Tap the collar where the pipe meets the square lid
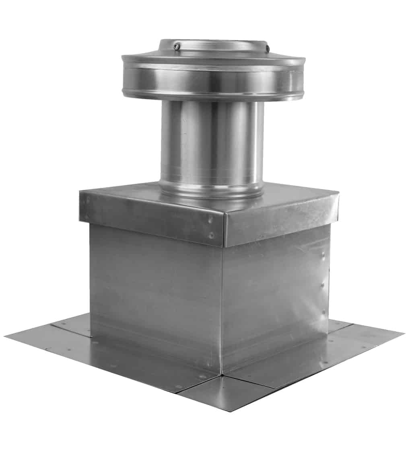212,189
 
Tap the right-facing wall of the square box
276,293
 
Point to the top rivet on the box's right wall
323,254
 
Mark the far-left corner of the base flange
6,336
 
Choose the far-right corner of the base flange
403,332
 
